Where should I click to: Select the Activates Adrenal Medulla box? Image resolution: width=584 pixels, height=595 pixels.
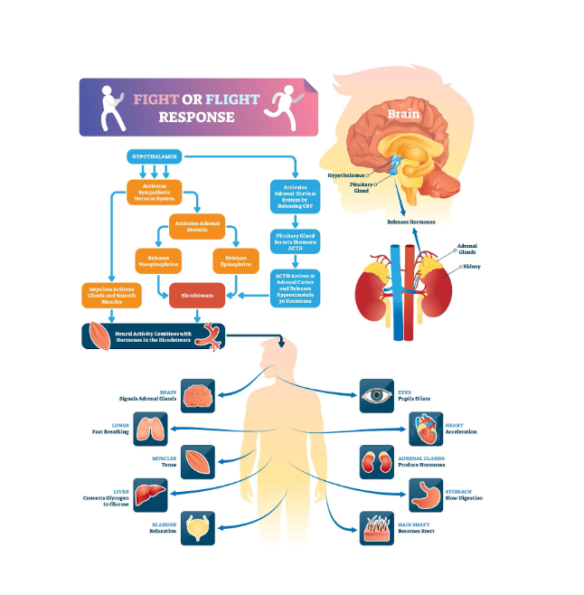coord(198,227)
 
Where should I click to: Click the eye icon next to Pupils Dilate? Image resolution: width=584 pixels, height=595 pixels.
coord(377,396)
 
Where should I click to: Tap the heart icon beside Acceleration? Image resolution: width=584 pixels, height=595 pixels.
coord(426,428)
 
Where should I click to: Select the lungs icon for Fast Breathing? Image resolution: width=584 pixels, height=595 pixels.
coord(150,428)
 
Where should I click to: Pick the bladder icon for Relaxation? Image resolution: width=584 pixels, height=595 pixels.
coord(198,527)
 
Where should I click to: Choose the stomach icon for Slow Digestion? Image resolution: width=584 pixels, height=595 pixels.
coord(426,494)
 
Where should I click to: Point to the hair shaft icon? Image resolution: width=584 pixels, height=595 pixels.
coord(377,527)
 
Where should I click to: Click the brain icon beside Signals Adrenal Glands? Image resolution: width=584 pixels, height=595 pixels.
coord(198,396)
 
